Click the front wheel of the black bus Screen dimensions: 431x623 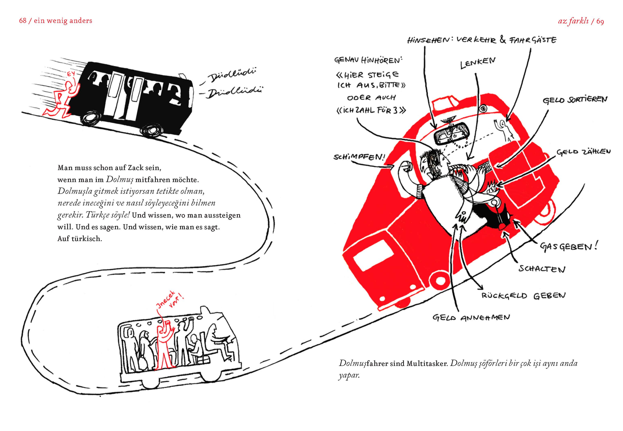[151, 130]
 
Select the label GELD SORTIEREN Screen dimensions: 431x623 [575, 100]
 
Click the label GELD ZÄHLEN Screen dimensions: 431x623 [583, 152]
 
